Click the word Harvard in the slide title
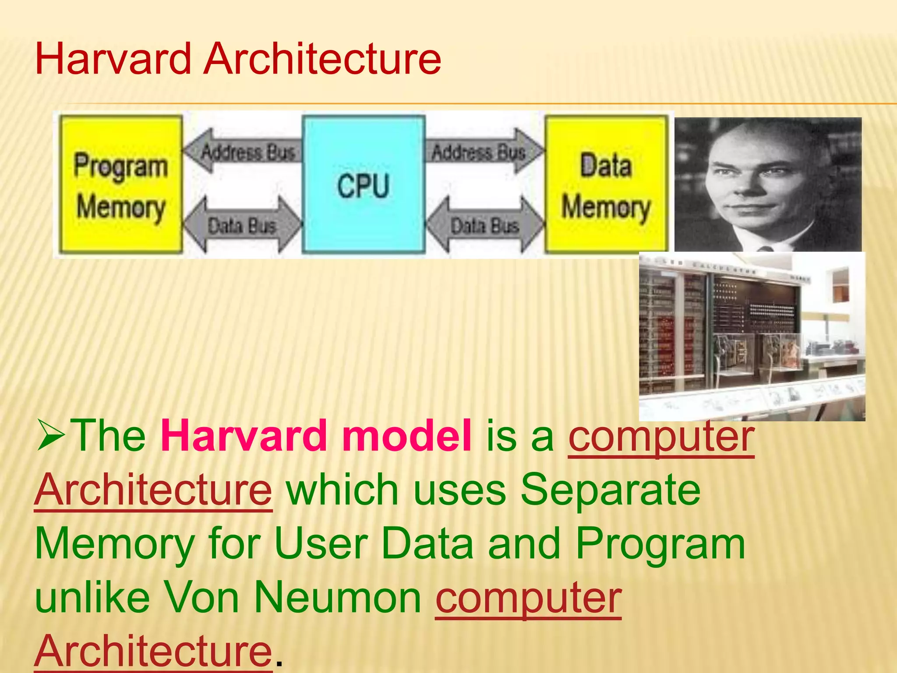(113, 59)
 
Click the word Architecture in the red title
(323, 59)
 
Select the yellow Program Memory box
(121, 184)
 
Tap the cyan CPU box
(363, 184)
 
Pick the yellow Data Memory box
(606, 184)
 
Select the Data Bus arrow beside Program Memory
(242, 225)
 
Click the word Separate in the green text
(610, 489)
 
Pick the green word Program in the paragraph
(660, 544)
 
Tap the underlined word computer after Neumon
(528, 598)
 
